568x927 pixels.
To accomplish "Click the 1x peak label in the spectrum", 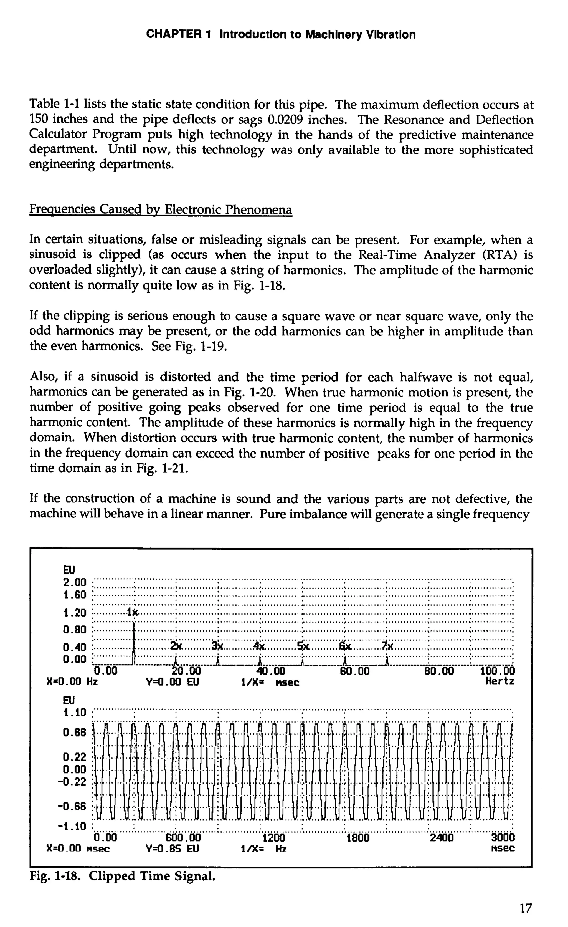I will pos(132,612).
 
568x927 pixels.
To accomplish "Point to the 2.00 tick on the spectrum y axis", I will pos(75,583).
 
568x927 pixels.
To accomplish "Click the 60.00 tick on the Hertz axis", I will pos(355,671).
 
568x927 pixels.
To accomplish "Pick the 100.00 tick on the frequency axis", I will pos(498,671).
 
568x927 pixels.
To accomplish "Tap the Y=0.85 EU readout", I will pos(172,849).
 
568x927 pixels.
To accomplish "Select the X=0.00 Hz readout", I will pos(72,681).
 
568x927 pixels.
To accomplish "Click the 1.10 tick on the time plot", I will pos(75,713).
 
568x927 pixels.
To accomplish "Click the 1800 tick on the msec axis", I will pos(357,838).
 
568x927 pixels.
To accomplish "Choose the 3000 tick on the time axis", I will pos(503,838).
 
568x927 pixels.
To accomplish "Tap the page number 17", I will pos(526,909).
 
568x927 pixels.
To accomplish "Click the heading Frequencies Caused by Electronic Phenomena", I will pos(161,209).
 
